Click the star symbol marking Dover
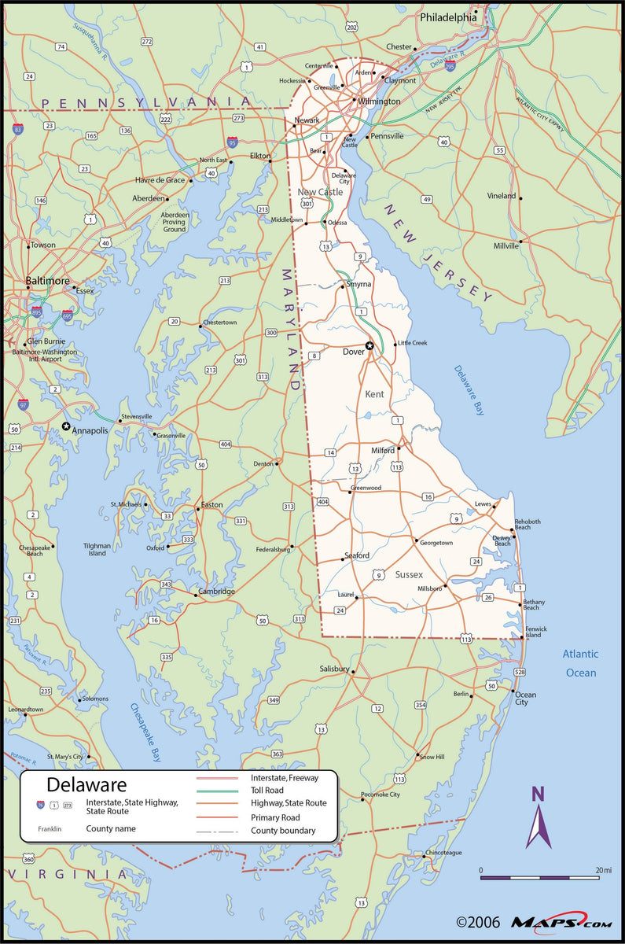point(369,345)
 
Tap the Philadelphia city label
point(448,17)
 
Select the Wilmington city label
point(380,101)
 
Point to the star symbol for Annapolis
point(66,426)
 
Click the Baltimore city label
point(48,281)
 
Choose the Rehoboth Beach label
point(528,524)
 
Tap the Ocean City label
point(526,698)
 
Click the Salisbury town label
point(334,669)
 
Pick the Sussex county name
point(409,575)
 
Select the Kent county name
point(375,393)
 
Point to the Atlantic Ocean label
point(580,663)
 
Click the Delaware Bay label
point(469,390)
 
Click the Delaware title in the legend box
point(86,784)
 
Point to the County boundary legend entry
point(283,831)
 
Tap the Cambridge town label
point(216,592)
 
